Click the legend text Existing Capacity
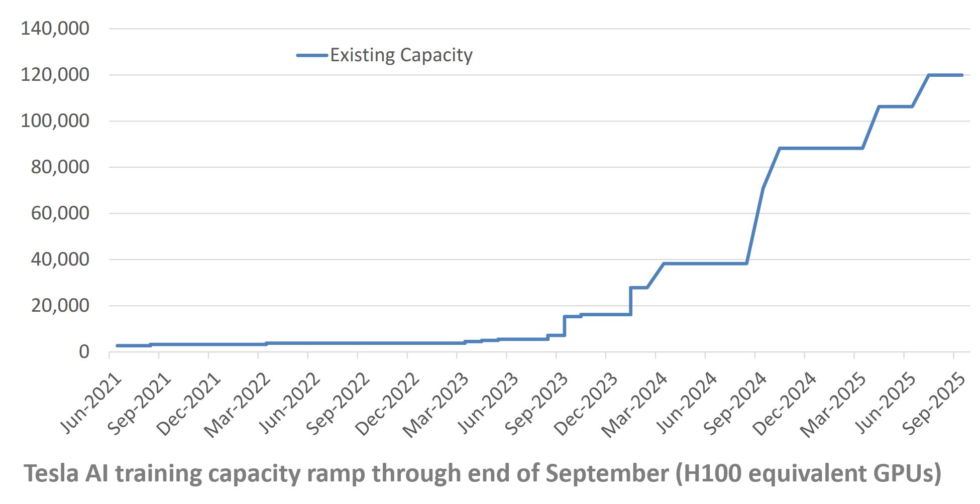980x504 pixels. tap(401, 55)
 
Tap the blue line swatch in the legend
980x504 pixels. tap(312, 55)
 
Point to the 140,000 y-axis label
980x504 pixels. tap(55, 29)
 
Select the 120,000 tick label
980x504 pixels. tap(55, 75)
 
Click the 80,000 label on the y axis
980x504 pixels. tap(60, 167)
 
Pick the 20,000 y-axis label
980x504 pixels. tap(60, 306)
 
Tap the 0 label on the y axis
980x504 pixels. tap(84, 352)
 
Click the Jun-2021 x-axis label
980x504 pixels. tap(91, 403)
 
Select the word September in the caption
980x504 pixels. tap(607, 473)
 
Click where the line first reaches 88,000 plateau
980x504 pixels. tap(780, 149)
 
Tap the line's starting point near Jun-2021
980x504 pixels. tap(117, 346)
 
